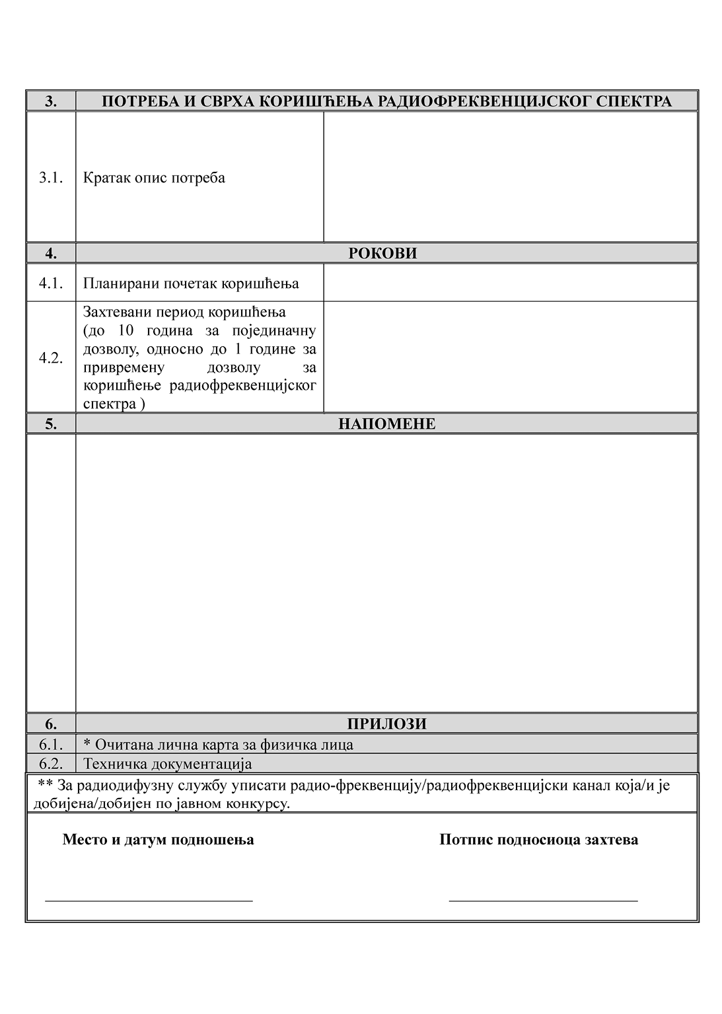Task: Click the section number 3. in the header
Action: pyautogui.click(x=51, y=101)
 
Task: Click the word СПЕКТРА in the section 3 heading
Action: pyautogui.click(x=634, y=101)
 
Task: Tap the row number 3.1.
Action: pyautogui.click(x=51, y=178)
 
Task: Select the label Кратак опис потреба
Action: pyautogui.click(x=154, y=178)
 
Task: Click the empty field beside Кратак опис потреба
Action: pyautogui.click(x=510, y=176)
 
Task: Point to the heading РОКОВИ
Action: pyautogui.click(x=382, y=253)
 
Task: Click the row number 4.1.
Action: pyautogui.click(x=51, y=283)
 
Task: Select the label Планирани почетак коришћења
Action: pyautogui.click(x=191, y=283)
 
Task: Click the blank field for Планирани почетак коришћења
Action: pyautogui.click(x=510, y=283)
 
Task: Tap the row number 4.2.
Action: pyautogui.click(x=51, y=358)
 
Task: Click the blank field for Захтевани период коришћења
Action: pyautogui.click(x=510, y=357)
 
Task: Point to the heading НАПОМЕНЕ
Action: pyautogui.click(x=386, y=423)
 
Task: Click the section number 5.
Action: pyautogui.click(x=51, y=423)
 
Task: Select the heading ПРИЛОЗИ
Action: pyautogui.click(x=386, y=723)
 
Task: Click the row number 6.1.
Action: pyautogui.click(x=51, y=744)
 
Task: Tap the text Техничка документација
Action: pyautogui.click(x=168, y=764)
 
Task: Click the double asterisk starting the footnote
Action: pyautogui.click(x=46, y=785)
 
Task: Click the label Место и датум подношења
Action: pyautogui.click(x=158, y=840)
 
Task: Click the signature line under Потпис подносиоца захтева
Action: pyautogui.click(x=543, y=900)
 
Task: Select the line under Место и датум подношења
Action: pyautogui.click(x=149, y=900)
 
